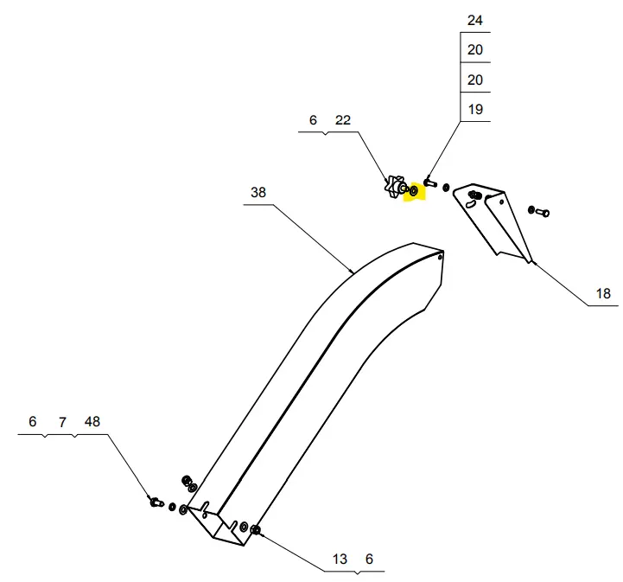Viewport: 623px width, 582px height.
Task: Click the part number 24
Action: pos(475,20)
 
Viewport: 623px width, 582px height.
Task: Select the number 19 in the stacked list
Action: pos(475,110)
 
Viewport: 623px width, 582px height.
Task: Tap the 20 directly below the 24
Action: pos(475,50)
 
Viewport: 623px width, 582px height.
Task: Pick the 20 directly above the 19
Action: pos(475,80)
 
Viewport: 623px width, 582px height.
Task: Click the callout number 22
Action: pos(343,120)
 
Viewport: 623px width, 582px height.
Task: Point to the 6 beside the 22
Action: pos(314,120)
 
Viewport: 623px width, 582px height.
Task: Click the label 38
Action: pos(258,193)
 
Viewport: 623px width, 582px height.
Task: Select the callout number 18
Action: pos(603,294)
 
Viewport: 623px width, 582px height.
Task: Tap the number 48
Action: pos(92,422)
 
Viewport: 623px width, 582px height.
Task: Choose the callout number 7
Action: pos(62,422)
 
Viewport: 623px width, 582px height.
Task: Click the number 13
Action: pos(340,560)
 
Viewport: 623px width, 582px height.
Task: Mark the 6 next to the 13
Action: pos(369,560)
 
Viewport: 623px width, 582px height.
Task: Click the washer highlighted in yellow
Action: pos(413,190)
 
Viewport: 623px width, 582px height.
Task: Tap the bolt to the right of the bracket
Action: pos(541,211)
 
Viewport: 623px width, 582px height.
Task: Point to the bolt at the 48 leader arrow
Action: pos(156,501)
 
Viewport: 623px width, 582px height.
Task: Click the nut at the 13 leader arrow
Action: pos(255,529)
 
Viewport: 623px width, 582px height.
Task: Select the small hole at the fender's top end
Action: pos(440,256)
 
